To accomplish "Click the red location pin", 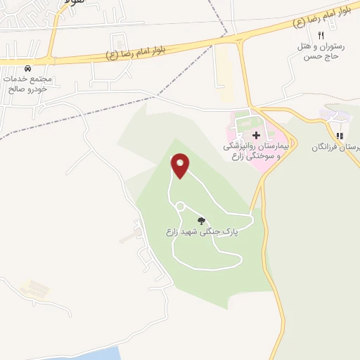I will (181, 166).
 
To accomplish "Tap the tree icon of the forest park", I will (202, 220).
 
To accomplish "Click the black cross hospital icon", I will (256, 134).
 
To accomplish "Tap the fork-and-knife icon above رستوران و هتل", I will (321, 35).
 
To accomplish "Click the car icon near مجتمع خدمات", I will (27, 69).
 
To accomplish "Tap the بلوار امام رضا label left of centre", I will (139, 51).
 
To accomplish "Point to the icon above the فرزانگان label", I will (339, 136).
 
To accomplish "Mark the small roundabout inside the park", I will (179, 206).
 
